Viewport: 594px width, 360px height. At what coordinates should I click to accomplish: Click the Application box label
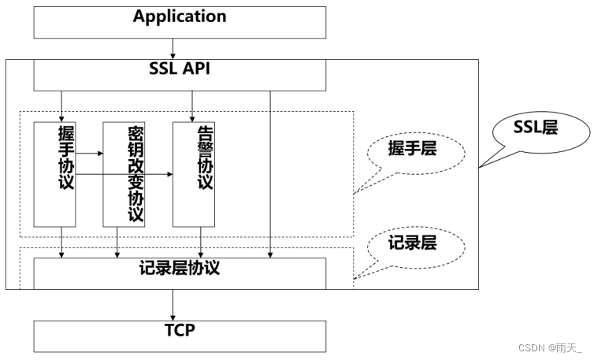click(x=180, y=17)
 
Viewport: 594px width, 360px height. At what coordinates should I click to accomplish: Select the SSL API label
click(x=180, y=69)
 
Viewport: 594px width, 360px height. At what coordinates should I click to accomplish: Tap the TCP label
click(x=180, y=330)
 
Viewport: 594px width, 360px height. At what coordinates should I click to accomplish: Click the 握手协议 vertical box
click(x=55, y=174)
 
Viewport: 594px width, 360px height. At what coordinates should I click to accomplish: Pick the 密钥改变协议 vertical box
click(x=124, y=174)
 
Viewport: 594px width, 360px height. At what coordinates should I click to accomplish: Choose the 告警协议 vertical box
click(x=194, y=174)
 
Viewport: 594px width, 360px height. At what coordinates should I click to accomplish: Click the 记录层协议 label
click(x=180, y=268)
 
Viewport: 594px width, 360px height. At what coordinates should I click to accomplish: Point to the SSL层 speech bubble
click(x=541, y=132)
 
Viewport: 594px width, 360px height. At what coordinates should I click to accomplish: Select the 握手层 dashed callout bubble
click(x=416, y=153)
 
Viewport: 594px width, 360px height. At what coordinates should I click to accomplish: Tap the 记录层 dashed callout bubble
click(x=416, y=248)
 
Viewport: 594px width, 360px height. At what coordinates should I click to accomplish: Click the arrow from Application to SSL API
click(x=173, y=49)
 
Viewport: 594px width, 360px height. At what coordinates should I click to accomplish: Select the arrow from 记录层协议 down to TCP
click(x=173, y=305)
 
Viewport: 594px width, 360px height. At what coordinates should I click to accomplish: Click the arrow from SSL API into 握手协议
click(x=61, y=106)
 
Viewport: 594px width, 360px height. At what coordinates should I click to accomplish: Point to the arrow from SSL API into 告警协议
click(x=192, y=106)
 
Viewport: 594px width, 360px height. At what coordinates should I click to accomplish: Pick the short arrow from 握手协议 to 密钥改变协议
click(x=89, y=153)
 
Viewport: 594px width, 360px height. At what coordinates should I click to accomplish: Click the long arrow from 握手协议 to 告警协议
click(x=124, y=174)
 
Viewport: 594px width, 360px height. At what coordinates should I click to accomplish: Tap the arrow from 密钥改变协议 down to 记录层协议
click(x=117, y=243)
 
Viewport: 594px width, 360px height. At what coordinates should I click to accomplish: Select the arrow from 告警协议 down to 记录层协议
click(x=201, y=243)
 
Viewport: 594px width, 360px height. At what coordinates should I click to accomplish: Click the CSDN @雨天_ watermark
click(x=550, y=348)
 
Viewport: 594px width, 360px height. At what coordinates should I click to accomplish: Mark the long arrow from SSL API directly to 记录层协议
click(x=270, y=174)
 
